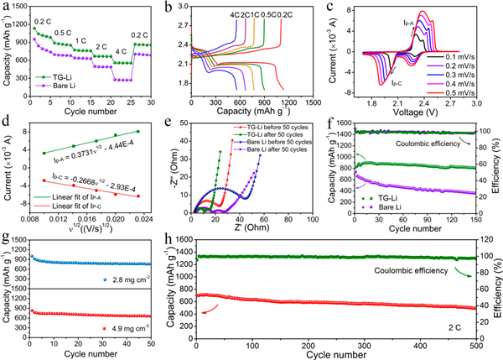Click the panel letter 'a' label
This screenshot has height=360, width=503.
pos(7,8)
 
